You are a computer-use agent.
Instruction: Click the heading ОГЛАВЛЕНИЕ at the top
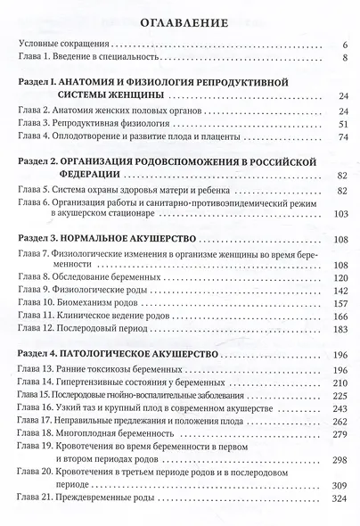point(180,20)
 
